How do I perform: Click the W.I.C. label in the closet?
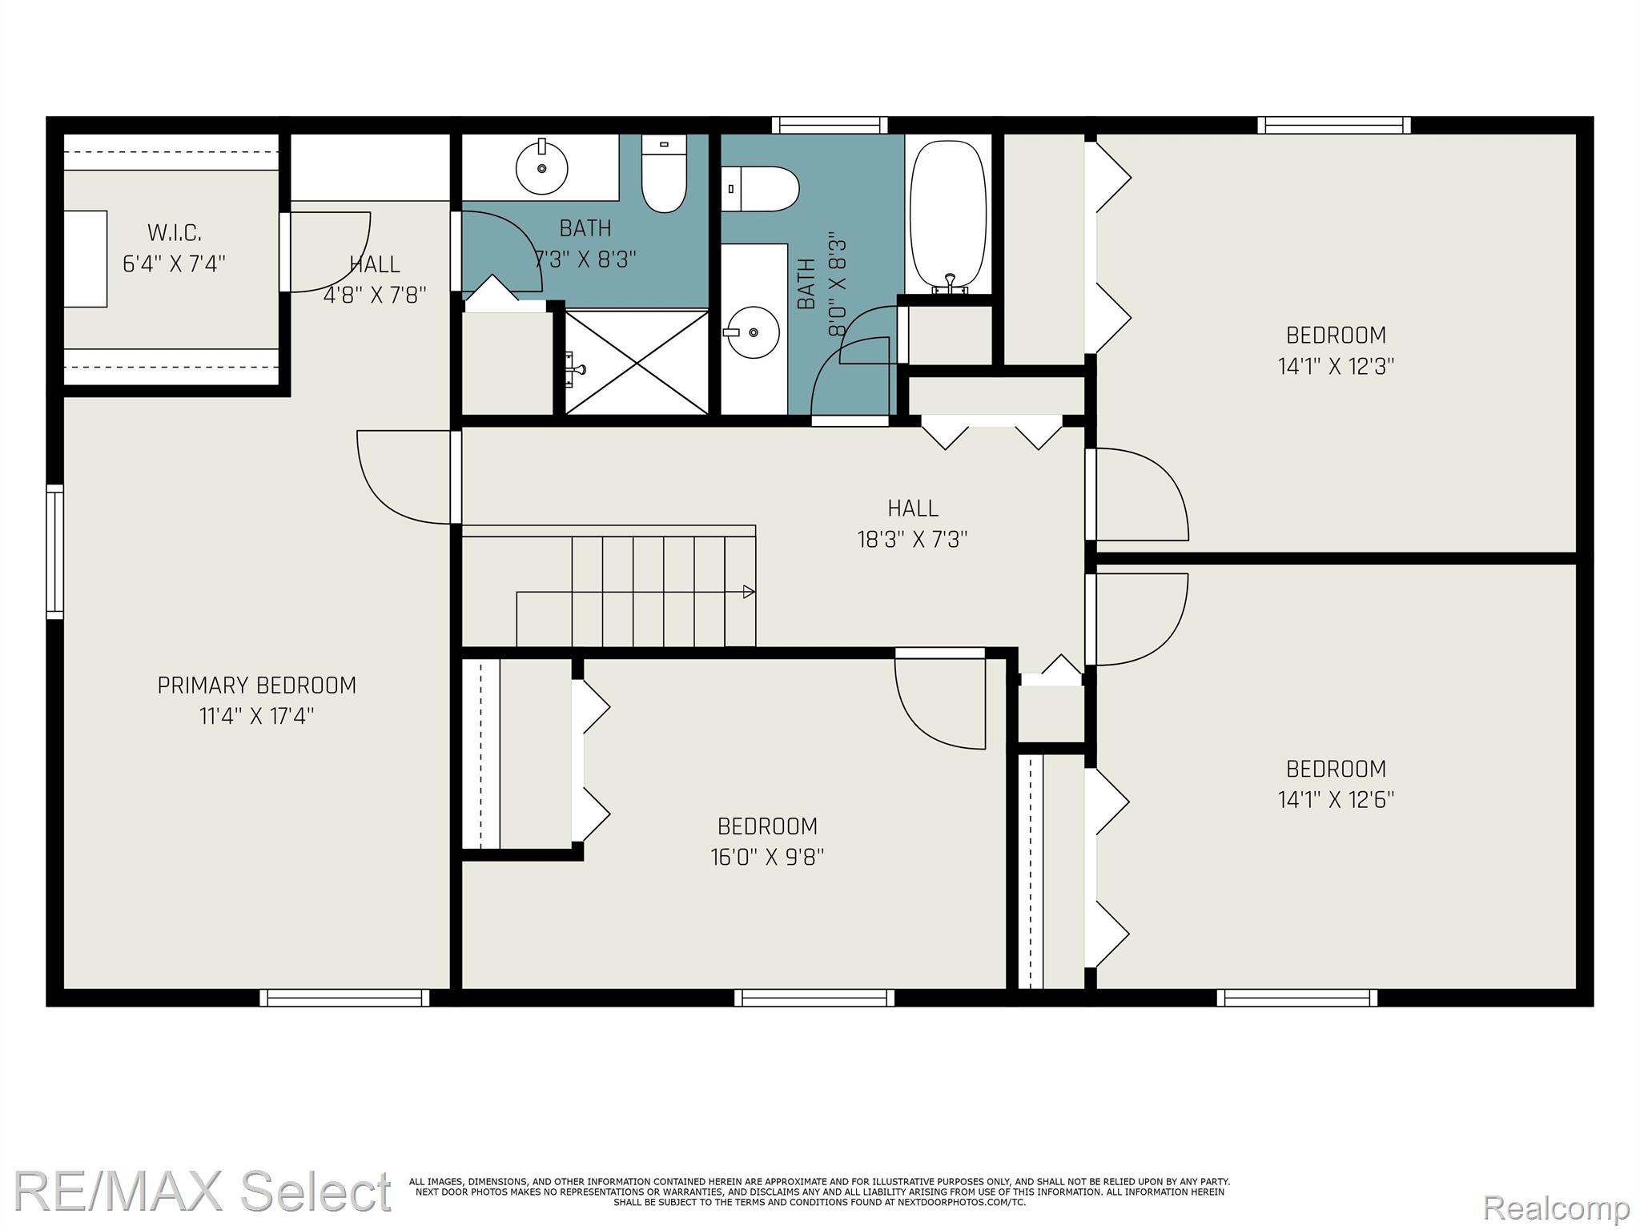175,233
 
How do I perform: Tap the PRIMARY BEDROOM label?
257,685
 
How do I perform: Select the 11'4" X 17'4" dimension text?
256,716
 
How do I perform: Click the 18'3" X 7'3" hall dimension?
913,539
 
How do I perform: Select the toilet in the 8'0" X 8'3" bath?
760,189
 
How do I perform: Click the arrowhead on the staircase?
749,592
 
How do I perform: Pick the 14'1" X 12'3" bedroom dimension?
1336,366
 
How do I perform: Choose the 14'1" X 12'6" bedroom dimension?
1336,799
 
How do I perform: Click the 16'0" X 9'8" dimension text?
767,857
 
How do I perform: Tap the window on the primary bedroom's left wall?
54,552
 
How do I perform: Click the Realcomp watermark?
1557,1206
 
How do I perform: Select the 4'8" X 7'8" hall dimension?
375,295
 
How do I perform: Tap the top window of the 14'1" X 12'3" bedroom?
1334,125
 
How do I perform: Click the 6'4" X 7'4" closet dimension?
175,263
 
